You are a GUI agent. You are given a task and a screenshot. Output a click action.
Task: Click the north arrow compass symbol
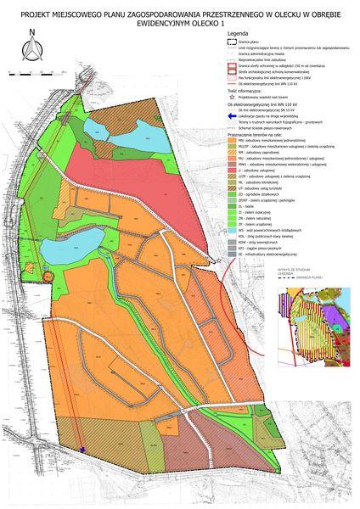coord(30,53)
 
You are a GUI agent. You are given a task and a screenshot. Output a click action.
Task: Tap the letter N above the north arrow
coord(30,35)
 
